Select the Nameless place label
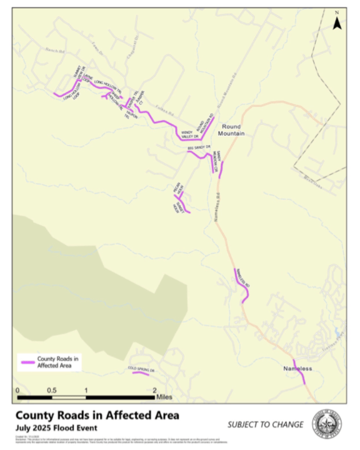click(x=301, y=368)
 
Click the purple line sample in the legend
click(x=27, y=362)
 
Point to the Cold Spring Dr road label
click(x=141, y=369)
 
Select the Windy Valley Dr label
click(x=190, y=134)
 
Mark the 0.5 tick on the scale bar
click(x=51, y=390)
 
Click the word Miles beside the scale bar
click(x=164, y=396)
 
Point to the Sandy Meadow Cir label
click(x=213, y=161)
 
